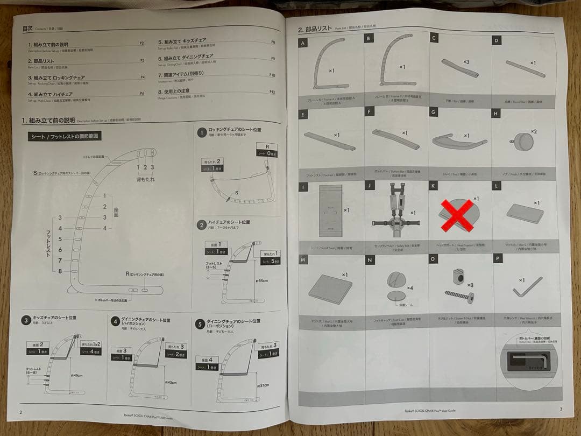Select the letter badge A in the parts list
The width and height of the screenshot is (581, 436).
tap(304, 43)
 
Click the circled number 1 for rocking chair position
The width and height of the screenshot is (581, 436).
tap(201, 132)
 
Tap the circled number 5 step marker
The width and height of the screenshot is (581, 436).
tap(200, 324)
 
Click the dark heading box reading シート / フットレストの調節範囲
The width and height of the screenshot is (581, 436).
tap(64, 136)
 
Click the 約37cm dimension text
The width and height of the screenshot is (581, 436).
tap(264, 385)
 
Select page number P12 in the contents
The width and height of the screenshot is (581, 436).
tap(272, 93)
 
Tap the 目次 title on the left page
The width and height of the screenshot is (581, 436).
tap(27, 29)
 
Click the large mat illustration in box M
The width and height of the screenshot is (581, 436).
tap(330, 289)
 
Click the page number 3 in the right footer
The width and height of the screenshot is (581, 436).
tap(561, 409)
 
